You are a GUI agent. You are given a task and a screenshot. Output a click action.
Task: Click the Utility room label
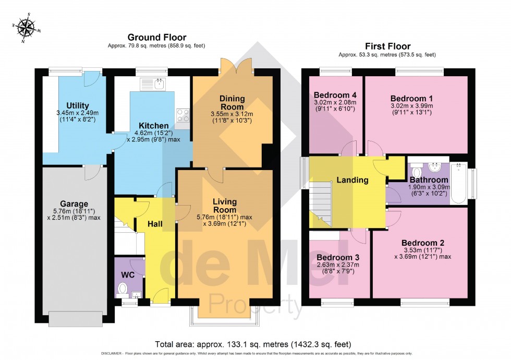click(77, 106)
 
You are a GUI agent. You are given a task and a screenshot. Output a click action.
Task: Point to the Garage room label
click(74, 203)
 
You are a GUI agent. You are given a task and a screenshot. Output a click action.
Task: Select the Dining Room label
click(232, 103)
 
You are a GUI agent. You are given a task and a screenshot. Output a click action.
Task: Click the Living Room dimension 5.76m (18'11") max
click(225, 217)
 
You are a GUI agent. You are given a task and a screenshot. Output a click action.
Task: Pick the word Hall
click(154, 224)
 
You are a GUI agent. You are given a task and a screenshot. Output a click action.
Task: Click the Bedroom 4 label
click(334, 94)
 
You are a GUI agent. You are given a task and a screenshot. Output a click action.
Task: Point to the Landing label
click(352, 180)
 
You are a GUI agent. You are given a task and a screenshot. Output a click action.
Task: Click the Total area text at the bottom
click(253, 344)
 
